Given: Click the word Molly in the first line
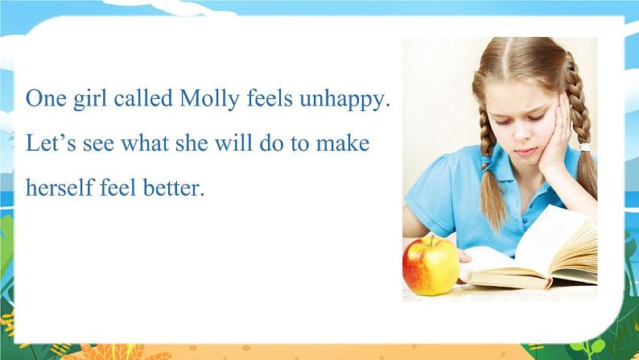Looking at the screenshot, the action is [209, 100].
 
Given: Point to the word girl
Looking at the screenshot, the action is [90, 100].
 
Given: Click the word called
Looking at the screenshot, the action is [143, 98].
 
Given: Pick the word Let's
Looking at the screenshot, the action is [51, 143].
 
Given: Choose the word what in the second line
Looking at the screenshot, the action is [145, 143].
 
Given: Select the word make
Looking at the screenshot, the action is [343, 143].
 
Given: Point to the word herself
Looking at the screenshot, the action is [60, 187].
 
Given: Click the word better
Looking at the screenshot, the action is [174, 188].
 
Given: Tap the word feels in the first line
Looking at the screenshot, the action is [270, 98].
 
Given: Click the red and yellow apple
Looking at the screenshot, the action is [431, 266].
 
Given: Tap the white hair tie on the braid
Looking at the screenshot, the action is [585, 147].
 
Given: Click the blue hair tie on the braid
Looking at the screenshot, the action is [486, 163].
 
